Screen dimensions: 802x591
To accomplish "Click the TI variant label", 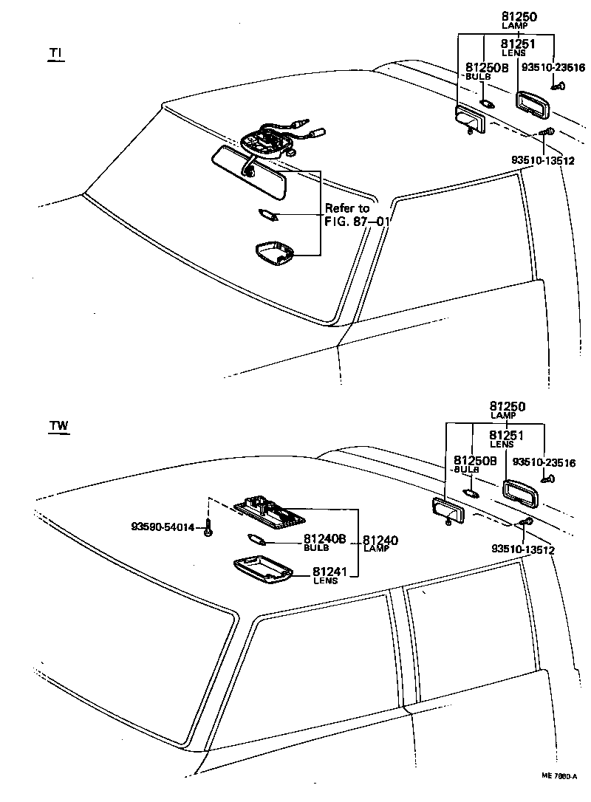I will tap(55, 53).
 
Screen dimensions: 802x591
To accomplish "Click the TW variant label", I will tap(58, 426).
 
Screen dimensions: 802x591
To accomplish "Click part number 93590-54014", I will tap(163, 527).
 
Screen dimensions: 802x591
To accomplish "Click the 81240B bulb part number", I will tap(324, 539).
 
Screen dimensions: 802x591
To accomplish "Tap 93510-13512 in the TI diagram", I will tap(542, 160).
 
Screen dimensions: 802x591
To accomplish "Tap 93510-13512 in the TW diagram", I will tap(522, 549).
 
